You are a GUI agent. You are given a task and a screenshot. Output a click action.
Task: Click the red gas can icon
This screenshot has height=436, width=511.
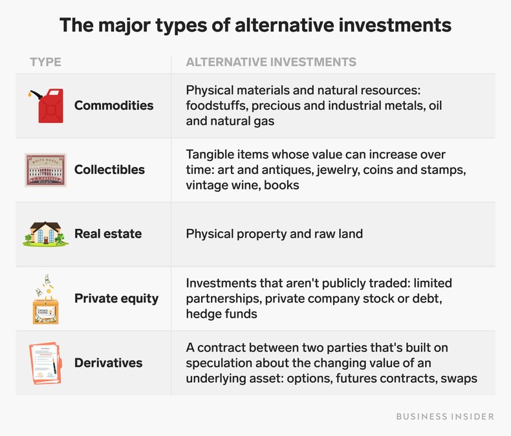click(47, 105)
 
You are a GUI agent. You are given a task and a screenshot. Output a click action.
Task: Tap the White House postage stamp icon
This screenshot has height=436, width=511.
click(46, 169)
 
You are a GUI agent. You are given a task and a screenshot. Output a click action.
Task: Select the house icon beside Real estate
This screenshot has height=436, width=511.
click(46, 234)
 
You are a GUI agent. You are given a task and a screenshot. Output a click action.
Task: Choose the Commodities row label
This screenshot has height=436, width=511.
click(114, 105)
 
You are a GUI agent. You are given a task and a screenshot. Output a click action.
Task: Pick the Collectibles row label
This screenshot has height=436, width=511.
click(109, 169)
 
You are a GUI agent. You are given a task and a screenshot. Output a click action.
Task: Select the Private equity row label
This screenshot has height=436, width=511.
click(116, 298)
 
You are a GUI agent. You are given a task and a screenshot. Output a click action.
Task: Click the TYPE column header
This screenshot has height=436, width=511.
click(45, 62)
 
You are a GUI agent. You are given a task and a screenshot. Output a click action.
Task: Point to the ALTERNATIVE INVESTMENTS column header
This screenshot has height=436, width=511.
click(271, 62)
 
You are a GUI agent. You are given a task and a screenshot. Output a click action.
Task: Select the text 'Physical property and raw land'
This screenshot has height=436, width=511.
click(274, 234)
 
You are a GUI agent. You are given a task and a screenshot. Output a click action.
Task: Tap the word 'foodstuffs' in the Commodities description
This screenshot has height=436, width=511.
click(217, 105)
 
